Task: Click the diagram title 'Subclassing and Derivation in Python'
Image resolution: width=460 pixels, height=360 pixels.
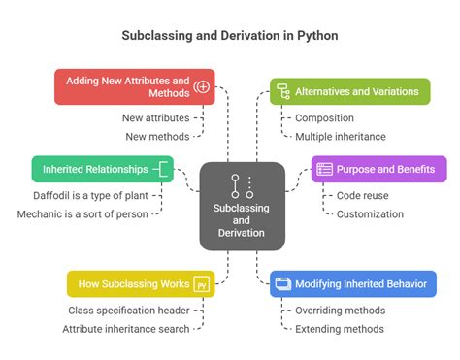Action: coord(230,35)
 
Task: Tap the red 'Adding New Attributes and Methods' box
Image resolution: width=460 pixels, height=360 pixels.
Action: coord(134,85)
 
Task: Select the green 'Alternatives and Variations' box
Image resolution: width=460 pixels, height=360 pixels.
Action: coord(349,92)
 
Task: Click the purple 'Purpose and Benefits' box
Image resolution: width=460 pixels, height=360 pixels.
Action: coord(378,168)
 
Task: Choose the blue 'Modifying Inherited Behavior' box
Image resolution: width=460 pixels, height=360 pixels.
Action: coord(353,283)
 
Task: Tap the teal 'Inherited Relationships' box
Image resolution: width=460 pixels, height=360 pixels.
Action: coord(102,169)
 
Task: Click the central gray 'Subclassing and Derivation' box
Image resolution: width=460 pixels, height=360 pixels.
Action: coord(243,206)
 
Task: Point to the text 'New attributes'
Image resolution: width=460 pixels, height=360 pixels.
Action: coord(156,118)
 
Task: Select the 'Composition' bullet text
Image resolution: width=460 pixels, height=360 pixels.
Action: coord(331,118)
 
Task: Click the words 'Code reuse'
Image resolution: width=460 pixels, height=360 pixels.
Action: coord(362,195)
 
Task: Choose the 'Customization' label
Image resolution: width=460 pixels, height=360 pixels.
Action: coord(370,213)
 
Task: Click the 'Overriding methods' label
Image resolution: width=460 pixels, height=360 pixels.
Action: coord(340,311)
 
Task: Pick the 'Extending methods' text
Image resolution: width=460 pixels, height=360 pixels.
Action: coord(339,329)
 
